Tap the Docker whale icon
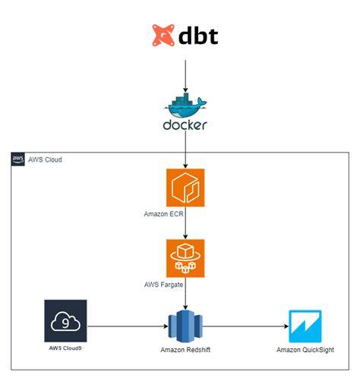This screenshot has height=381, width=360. (x=185, y=102)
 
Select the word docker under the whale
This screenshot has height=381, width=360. (x=185, y=124)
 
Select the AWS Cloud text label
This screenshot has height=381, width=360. (x=45, y=160)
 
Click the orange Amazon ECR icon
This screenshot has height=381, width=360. (x=185, y=187)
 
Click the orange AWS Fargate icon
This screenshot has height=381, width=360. (x=185, y=258)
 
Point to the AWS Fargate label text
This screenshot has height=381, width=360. (x=165, y=285)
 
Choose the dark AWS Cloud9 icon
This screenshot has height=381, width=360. (x=65, y=322)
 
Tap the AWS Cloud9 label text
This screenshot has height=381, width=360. (x=65, y=350)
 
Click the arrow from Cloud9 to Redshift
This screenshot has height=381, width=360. (x=125, y=327)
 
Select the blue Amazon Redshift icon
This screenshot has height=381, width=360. (x=185, y=326)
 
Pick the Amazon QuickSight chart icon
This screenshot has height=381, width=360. (x=309, y=327)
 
